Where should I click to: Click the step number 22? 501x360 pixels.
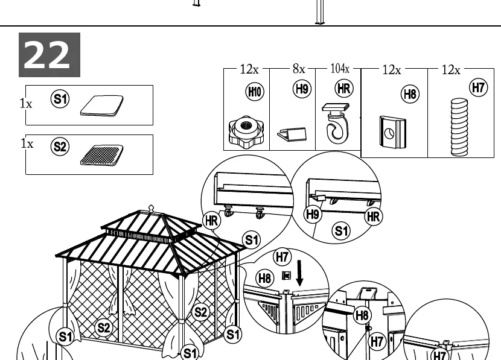pos(46,55)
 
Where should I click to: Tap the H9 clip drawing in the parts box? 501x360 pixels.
pos(292,134)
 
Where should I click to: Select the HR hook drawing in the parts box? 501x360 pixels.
pos(336,123)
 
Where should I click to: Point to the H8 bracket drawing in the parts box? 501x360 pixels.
pos(393,132)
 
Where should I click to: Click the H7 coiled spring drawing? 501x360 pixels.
pos(459,127)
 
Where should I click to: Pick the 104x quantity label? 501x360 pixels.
pos(340,68)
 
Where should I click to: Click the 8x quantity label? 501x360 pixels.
pos(299,69)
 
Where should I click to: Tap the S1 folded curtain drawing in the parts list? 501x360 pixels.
pos(102,106)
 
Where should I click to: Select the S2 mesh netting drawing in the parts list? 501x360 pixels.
pos(101,155)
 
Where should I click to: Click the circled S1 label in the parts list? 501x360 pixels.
pos(60,99)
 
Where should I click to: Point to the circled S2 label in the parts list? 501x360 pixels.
pos(60,147)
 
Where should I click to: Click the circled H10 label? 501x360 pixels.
pos(255,92)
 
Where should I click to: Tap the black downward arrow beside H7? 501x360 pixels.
pos(299,273)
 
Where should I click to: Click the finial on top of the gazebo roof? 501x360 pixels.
pos(151,208)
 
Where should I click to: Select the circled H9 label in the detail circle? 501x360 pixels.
pos(313,214)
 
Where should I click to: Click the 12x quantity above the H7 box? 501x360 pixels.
pos(451,69)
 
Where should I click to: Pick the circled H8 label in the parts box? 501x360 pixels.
pos(410,94)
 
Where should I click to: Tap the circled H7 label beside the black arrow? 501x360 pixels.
pos(282,257)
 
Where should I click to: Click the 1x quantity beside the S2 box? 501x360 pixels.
pos(27,144)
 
